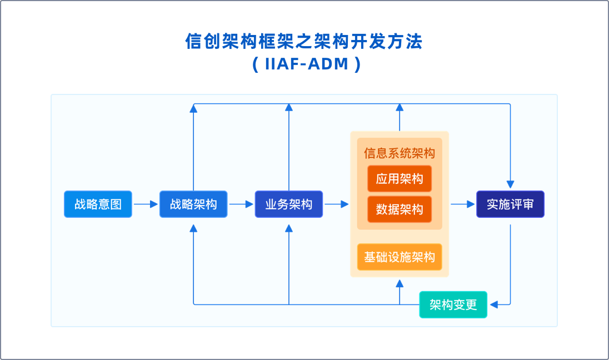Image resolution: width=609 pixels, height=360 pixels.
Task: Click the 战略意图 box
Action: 98,204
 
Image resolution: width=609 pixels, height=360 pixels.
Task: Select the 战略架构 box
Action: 193,204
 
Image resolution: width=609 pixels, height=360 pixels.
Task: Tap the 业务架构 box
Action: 289,204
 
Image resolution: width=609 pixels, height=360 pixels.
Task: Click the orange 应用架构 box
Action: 400,179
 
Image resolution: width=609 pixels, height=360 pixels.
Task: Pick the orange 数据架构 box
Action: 400,209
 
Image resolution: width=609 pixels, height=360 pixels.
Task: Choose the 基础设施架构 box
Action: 400,257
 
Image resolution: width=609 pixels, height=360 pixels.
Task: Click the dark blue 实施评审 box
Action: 510,204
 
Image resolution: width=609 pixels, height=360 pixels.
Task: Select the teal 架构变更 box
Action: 453,304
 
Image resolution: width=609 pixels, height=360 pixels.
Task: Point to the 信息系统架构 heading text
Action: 400,153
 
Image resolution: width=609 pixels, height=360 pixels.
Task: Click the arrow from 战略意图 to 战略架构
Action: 146,204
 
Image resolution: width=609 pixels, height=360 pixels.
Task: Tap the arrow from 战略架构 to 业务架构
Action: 241,204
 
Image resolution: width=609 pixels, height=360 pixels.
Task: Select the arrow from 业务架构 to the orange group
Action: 336,204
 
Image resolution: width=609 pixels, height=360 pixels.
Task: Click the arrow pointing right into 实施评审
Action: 462,204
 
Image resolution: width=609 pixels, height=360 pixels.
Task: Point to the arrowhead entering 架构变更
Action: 493,304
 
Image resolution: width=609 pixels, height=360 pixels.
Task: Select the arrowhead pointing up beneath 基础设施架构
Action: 400,283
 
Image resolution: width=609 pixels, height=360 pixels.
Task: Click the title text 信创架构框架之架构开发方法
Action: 304,42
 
